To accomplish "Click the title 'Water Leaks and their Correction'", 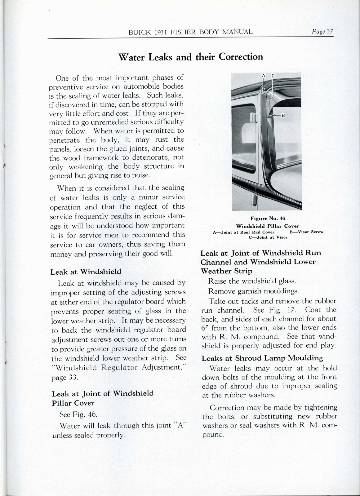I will click(x=191, y=57).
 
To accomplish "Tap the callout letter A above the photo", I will click(x=263, y=76).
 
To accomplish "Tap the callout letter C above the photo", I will click(x=273, y=76).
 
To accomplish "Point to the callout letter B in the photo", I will click(x=283, y=116).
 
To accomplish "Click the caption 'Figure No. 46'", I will click(x=268, y=218).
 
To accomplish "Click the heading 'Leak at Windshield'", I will click(x=86, y=272).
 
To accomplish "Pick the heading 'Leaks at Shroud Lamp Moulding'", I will click(x=262, y=358).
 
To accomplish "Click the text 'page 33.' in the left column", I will click(x=63, y=378).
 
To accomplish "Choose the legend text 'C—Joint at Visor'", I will click(x=268, y=237).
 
